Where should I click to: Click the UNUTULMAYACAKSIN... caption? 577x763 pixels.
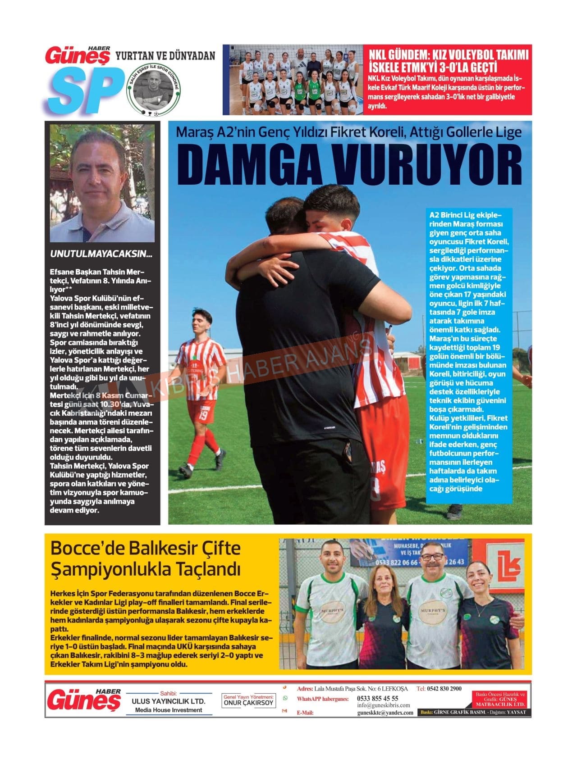coord(101,254)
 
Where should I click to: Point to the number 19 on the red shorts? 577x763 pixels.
coord(203,416)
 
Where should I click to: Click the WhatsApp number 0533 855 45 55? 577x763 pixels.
coord(377,699)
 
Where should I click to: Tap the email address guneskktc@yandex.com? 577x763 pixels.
coord(385,713)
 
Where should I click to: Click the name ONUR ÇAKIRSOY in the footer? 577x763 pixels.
coord(248,703)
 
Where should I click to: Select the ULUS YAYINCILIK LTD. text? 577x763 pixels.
coord(168,701)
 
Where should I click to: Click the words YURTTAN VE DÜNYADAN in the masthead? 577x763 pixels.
coord(165,56)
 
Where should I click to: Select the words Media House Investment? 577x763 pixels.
coord(169,710)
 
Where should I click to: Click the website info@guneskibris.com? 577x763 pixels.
coord(383,705)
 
